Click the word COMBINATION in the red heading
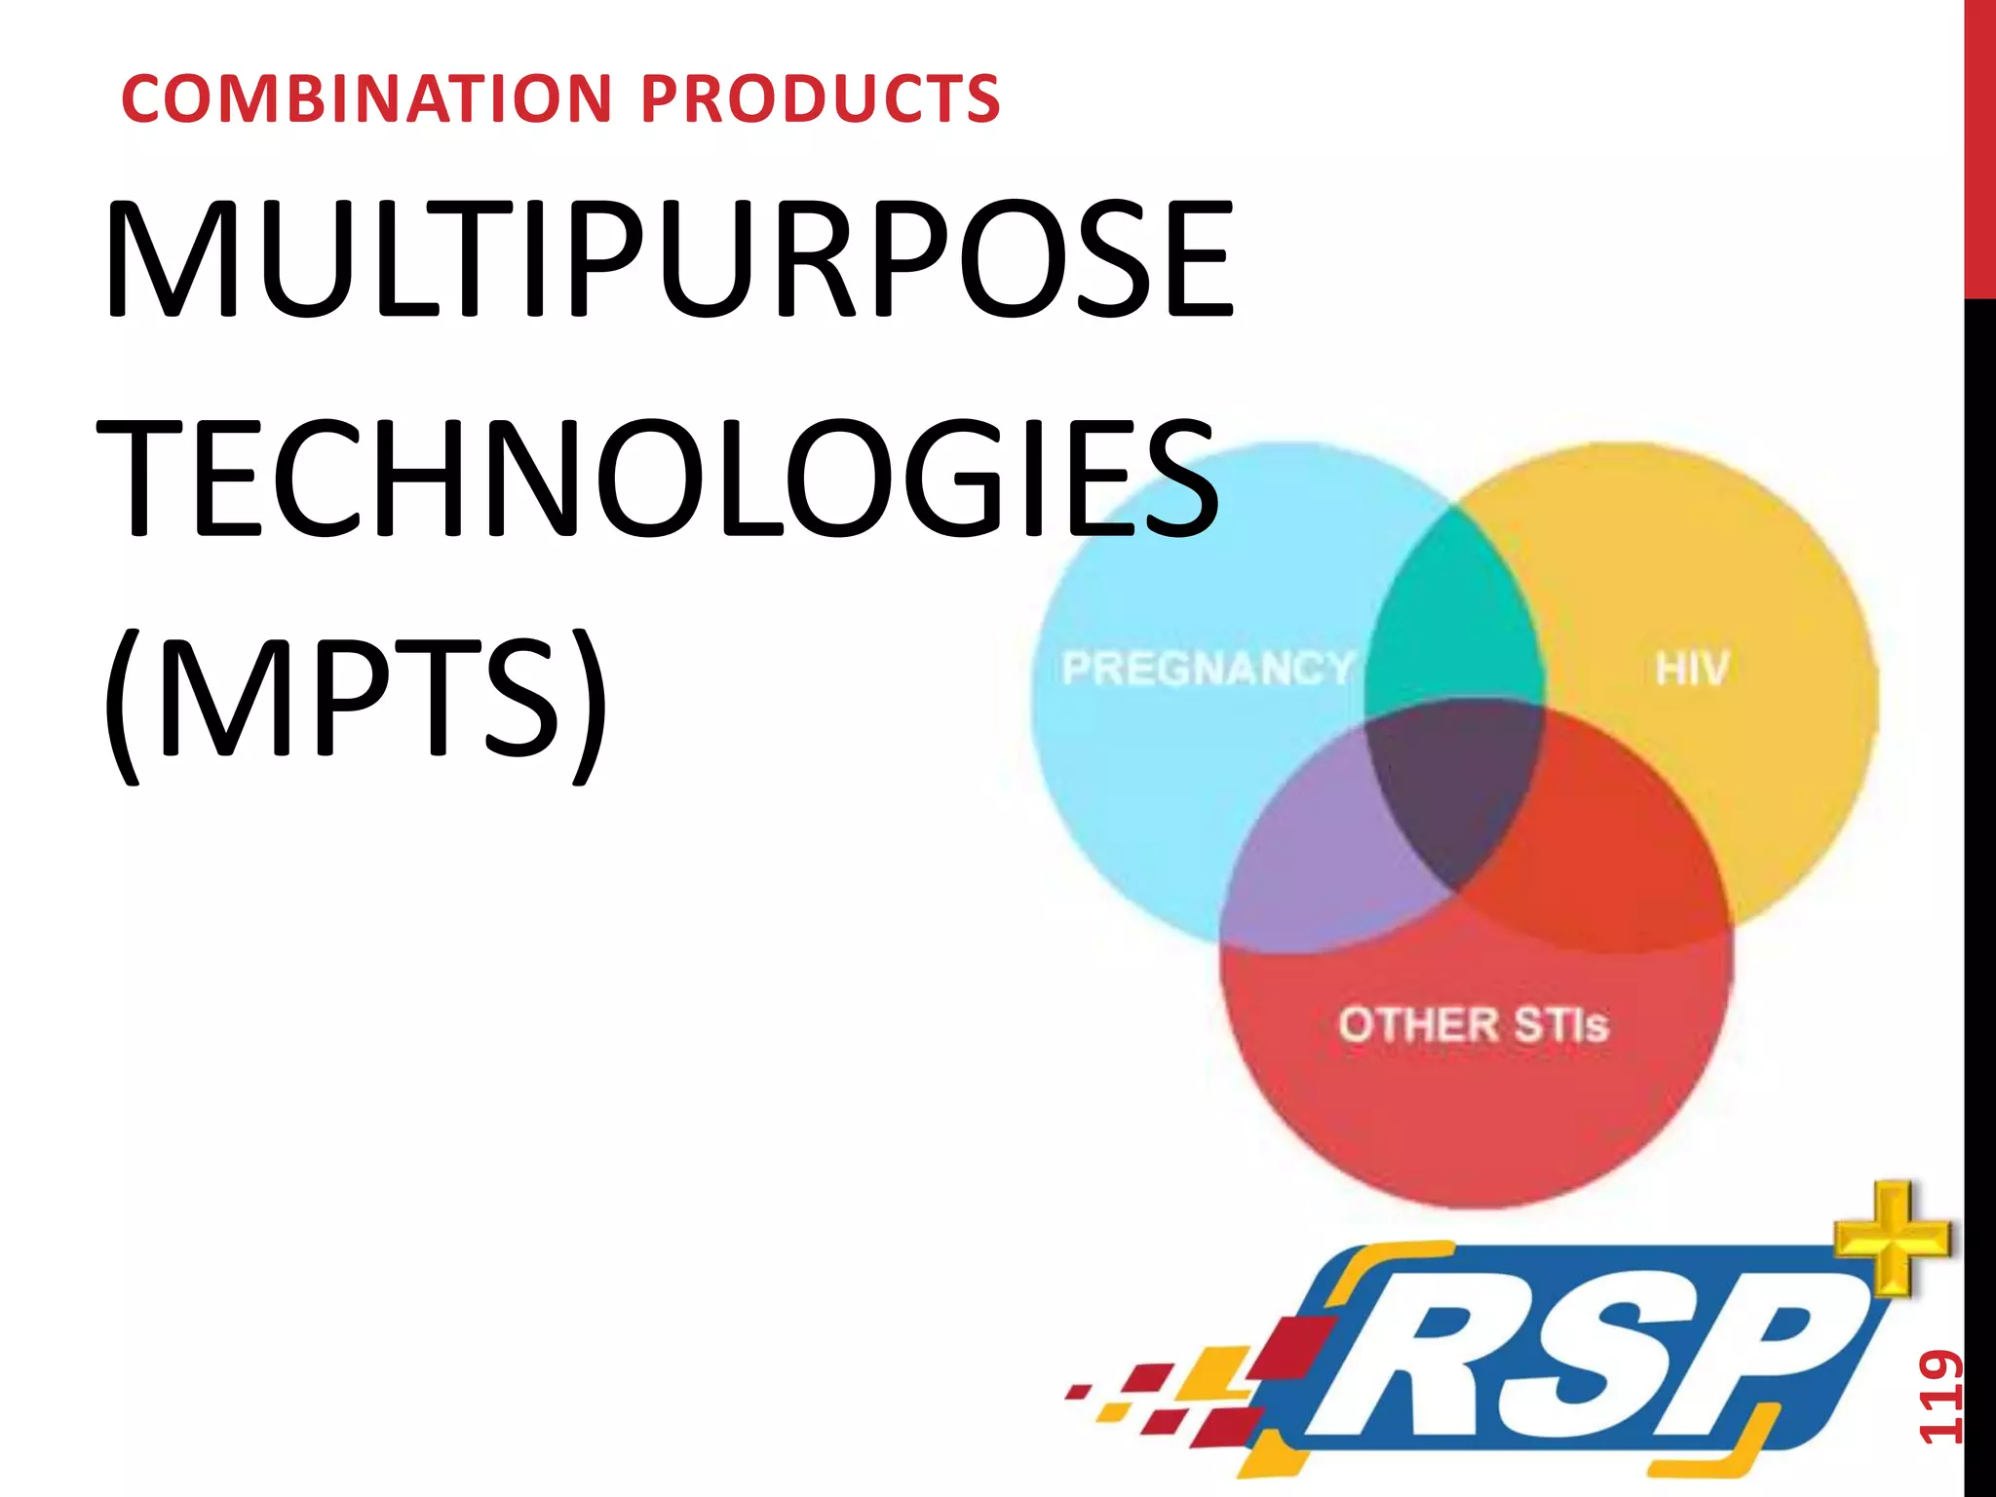tap(367, 99)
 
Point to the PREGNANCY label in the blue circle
tap(1208, 669)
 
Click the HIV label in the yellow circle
tap(1692, 670)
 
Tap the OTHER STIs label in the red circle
tap(1473, 1025)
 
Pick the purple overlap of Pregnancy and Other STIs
tap(1316, 858)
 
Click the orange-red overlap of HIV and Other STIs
tap(1598, 858)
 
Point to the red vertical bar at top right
tap(1978, 146)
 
